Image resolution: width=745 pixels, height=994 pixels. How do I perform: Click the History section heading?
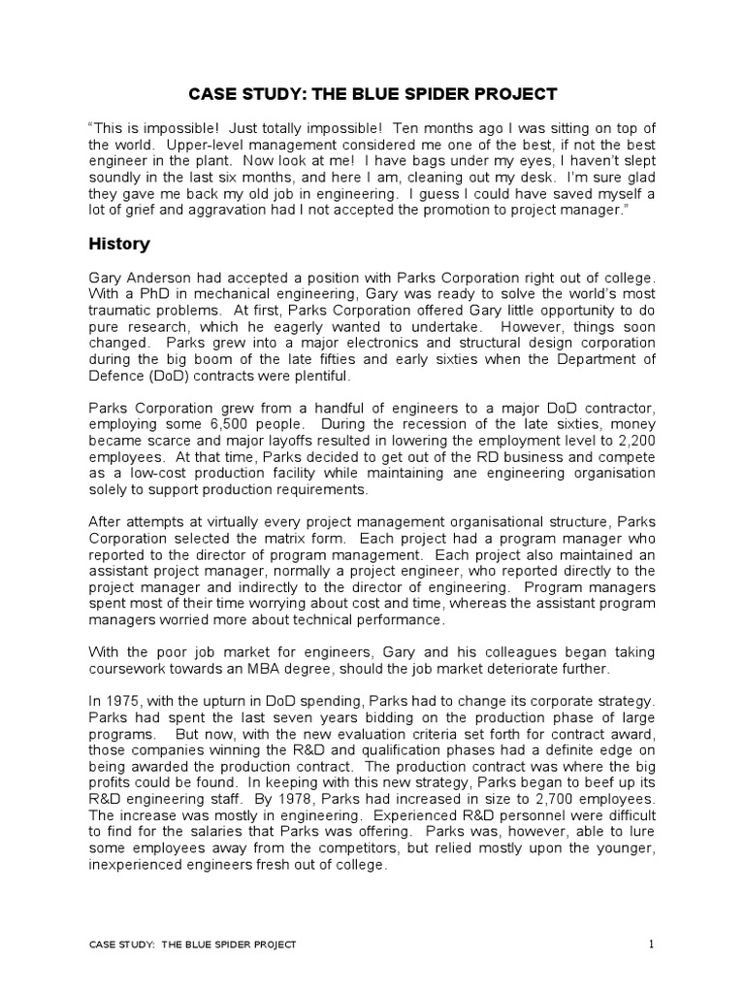(118, 243)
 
